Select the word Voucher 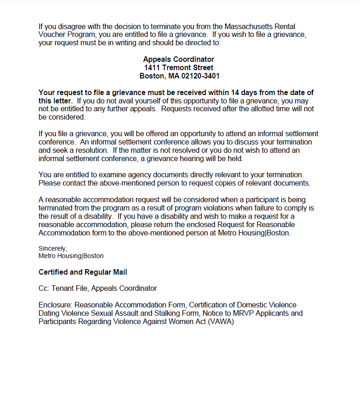pos(51,35)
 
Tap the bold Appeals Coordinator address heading pos(178,60)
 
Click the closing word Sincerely pos(53,248)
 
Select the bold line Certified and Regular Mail pos(83,272)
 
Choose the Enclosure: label pos(55,305)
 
